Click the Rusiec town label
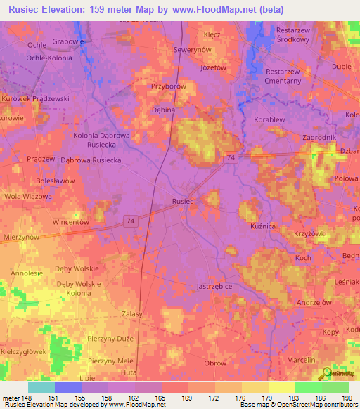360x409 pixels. point(182,201)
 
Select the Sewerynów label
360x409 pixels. point(193,51)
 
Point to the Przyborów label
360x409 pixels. point(167,86)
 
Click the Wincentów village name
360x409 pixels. point(70,221)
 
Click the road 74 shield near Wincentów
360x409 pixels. point(129,221)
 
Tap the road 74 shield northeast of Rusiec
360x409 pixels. point(231,159)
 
